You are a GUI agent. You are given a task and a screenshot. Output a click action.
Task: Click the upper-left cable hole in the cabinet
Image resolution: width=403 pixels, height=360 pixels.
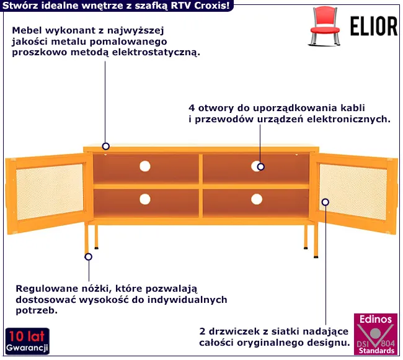[x=145, y=166]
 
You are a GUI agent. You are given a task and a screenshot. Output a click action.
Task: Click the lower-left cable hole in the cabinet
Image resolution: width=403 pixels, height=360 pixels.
[x=145, y=199]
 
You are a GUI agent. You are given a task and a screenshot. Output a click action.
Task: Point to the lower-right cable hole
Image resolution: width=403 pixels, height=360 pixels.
[x=257, y=199]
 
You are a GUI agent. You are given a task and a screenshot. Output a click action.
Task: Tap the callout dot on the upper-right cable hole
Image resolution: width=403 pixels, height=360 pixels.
[x=261, y=166]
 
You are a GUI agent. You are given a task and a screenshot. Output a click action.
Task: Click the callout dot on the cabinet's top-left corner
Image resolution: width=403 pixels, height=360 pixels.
[x=106, y=146]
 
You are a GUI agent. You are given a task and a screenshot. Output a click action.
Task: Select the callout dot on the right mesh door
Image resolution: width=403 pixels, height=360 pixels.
[x=325, y=202]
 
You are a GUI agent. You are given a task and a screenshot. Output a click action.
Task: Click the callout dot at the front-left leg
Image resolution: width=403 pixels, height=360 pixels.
[x=88, y=256]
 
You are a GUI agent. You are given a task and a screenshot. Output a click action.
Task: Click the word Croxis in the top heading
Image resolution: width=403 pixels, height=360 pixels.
[x=210, y=6]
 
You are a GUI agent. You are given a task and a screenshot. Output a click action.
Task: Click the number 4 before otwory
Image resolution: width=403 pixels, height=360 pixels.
[x=192, y=106]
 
